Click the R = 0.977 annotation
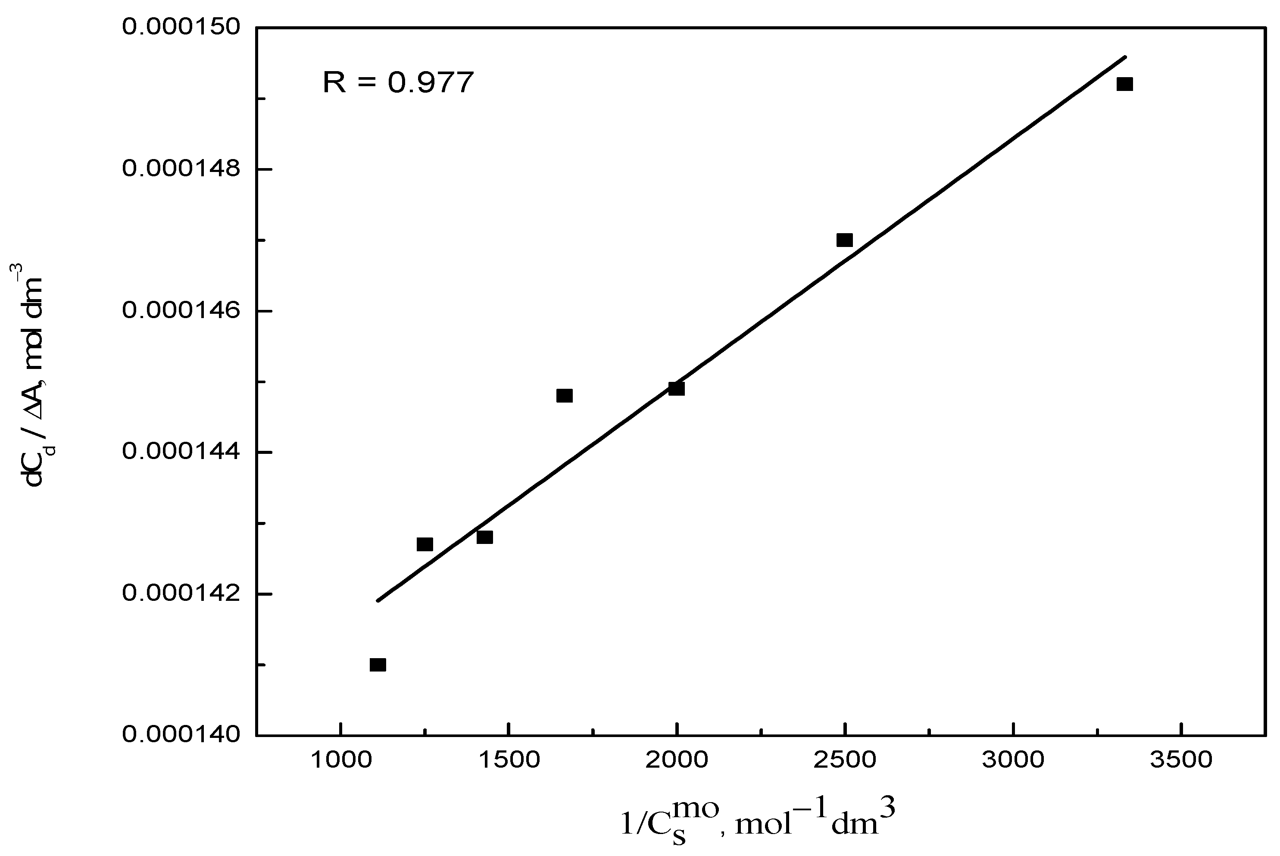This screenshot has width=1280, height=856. [x=398, y=83]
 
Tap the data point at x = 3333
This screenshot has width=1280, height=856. [x=1124, y=84]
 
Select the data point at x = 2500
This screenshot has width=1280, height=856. [x=844, y=240]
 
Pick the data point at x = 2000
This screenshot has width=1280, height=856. [x=676, y=389]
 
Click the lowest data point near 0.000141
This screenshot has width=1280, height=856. [x=378, y=665]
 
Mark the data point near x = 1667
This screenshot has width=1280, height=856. [x=565, y=396]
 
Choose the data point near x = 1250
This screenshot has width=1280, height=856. [x=425, y=544]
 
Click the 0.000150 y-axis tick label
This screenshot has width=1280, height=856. [x=181, y=27]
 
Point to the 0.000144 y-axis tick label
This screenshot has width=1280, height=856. [x=181, y=452]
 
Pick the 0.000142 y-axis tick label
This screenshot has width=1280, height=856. [x=181, y=594]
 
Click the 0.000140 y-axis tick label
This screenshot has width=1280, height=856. [x=181, y=735]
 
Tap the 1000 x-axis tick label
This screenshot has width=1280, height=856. [x=340, y=760]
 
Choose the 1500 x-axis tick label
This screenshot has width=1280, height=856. [x=509, y=760]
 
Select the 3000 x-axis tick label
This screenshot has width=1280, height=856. [x=1013, y=760]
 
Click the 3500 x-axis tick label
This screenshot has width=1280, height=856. [x=1181, y=760]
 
